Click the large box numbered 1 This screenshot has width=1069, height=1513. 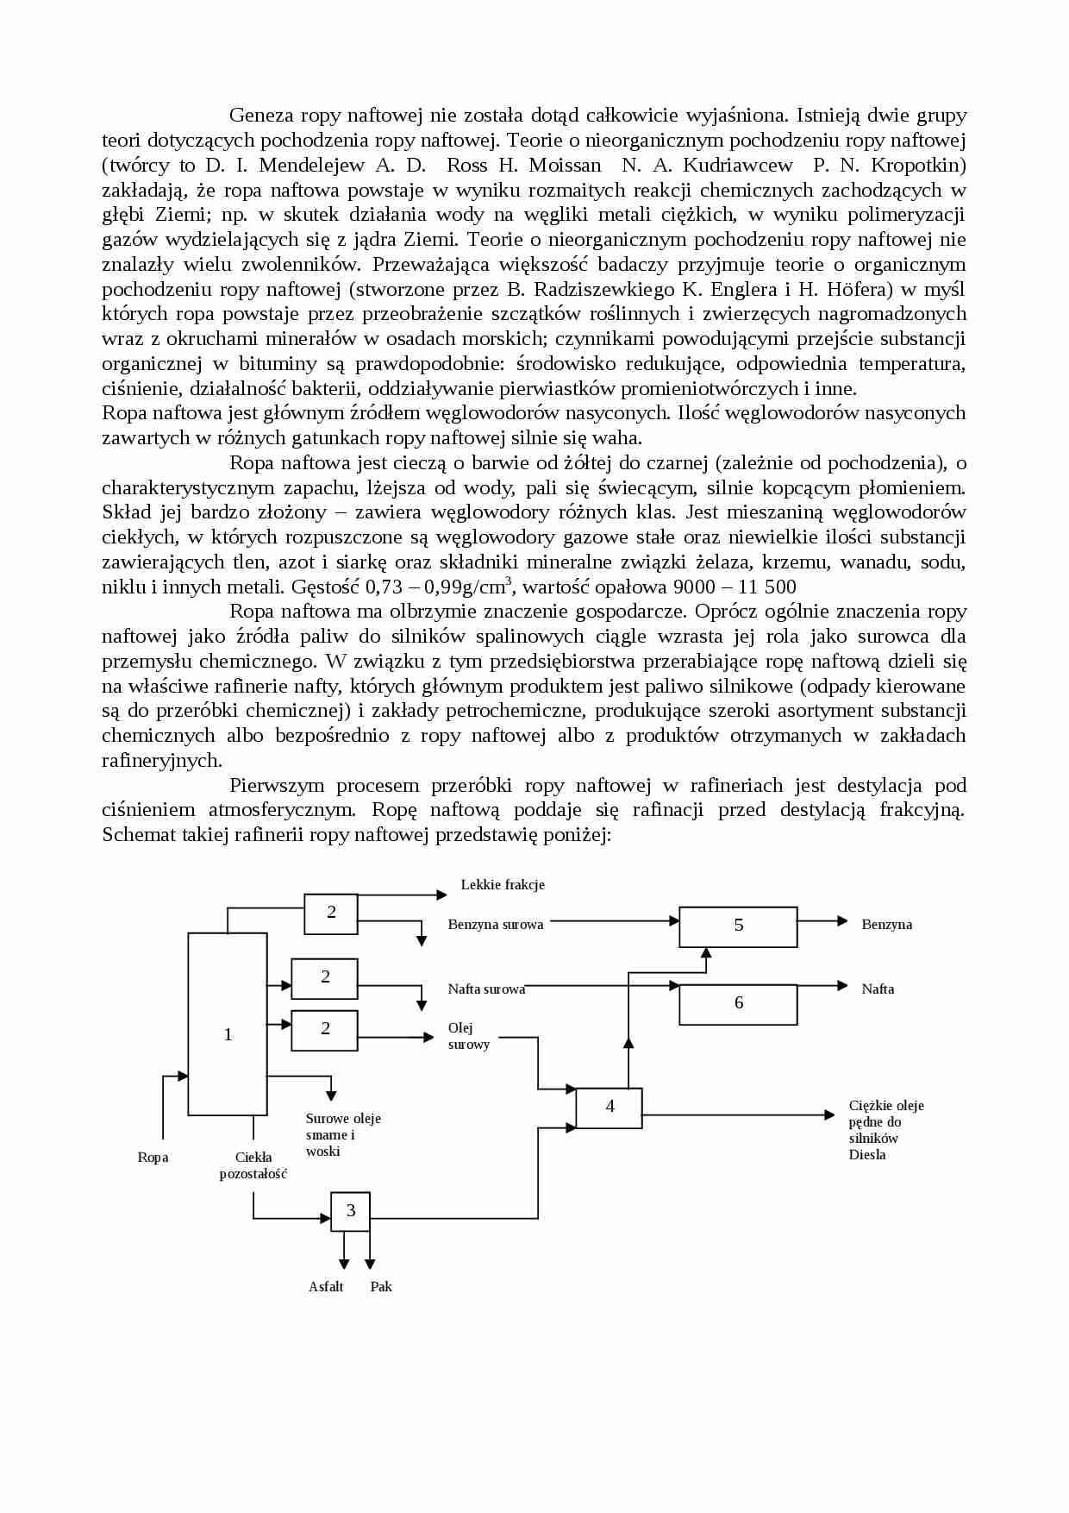(x=228, y=1025)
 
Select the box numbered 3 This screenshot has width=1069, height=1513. (x=350, y=1211)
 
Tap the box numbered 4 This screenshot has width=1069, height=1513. (x=609, y=1108)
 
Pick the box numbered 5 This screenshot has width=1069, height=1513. (x=738, y=926)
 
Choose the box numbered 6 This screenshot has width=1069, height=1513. (x=738, y=1004)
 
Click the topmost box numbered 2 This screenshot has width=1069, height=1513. (x=331, y=913)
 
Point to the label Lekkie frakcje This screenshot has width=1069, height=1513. (x=503, y=885)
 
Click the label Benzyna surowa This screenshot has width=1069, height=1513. (x=496, y=925)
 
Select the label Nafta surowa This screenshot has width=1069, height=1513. (x=486, y=989)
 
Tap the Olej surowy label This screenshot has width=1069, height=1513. (x=468, y=1036)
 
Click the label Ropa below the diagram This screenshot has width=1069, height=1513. (x=153, y=1158)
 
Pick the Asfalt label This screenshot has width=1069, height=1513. (x=326, y=1287)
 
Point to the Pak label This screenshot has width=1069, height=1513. (x=381, y=1287)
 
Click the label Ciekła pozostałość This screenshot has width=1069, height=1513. (x=253, y=1165)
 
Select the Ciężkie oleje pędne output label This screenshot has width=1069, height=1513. (x=885, y=1130)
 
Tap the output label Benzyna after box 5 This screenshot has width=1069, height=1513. (x=886, y=925)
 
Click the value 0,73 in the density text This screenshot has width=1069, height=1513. (x=384, y=587)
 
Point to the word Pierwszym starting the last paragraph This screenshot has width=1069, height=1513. (x=277, y=786)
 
